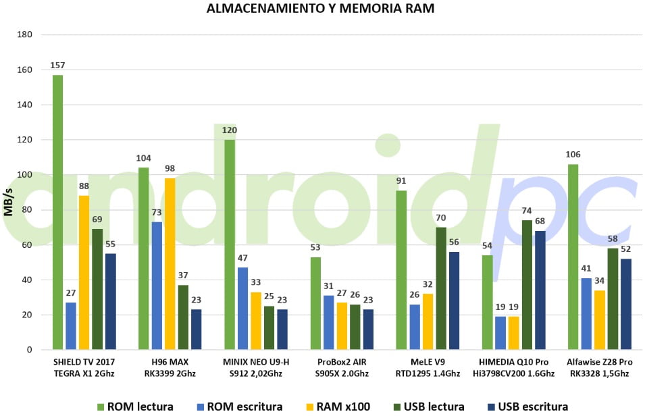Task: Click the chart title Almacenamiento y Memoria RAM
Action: (x=320, y=8)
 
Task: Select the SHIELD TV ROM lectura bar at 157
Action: (x=58, y=212)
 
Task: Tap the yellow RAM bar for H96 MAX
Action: (x=170, y=264)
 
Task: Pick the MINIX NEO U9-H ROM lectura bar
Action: (x=230, y=245)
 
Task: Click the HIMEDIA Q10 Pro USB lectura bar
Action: (x=527, y=285)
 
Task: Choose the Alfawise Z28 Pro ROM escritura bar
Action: (x=586, y=314)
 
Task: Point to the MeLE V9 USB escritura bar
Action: (x=454, y=301)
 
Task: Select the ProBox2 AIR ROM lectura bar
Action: (x=315, y=303)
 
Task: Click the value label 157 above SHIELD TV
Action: (x=57, y=65)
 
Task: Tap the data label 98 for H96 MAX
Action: (x=170, y=168)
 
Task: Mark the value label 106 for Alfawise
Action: (x=573, y=154)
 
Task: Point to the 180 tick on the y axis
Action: (x=25, y=34)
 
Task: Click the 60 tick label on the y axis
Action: (x=27, y=245)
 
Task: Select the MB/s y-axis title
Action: (x=9, y=202)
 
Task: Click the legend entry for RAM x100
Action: (x=338, y=407)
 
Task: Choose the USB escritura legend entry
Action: (x=527, y=407)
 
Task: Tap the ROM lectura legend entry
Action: (x=135, y=407)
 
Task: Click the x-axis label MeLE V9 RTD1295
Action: (x=428, y=368)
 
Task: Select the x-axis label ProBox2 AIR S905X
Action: (x=342, y=368)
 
